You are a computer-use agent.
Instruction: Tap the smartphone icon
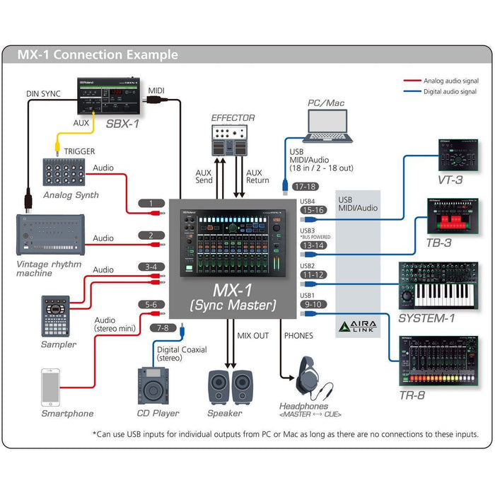tap(50, 386)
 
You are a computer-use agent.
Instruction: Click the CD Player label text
tap(158, 413)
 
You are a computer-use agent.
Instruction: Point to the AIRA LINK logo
tap(357, 326)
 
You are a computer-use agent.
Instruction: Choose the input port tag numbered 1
tap(151, 204)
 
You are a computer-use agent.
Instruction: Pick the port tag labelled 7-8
tap(163, 327)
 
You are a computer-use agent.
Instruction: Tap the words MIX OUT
tap(253, 335)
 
